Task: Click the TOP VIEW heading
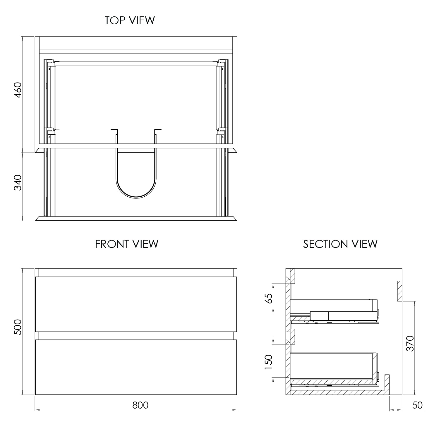point(130,20)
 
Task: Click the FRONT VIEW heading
point(126,244)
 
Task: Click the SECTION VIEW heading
point(340,244)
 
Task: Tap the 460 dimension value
point(18,90)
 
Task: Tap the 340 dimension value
point(18,182)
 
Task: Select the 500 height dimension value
point(18,327)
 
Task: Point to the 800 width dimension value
point(140,405)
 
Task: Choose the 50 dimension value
point(417,405)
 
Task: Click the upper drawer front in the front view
point(136,304)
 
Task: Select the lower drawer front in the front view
point(136,367)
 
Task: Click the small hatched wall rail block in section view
point(400,291)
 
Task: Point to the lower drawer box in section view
point(332,366)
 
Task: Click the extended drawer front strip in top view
point(136,219)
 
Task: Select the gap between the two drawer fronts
point(136,336)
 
